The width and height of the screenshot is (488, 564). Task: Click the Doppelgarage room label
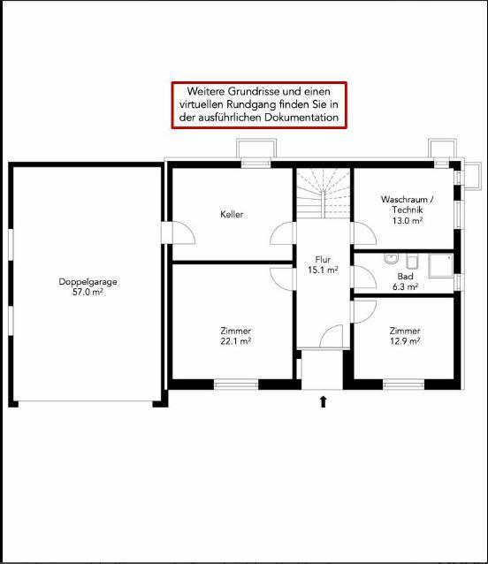click(88, 282)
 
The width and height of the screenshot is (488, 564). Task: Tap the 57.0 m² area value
click(88, 292)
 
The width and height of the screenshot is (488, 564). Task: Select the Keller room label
click(232, 215)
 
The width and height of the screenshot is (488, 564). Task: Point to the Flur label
click(323, 259)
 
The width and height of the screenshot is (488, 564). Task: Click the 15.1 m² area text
click(323, 270)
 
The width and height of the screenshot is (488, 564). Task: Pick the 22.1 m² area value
click(235, 341)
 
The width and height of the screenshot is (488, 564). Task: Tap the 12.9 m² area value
click(405, 341)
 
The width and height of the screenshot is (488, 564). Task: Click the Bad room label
click(405, 277)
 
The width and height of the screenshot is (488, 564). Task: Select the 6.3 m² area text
click(405, 286)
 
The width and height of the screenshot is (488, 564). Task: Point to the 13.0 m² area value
click(407, 220)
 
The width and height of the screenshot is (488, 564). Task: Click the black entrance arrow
click(323, 401)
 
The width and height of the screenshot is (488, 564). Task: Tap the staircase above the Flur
click(323, 193)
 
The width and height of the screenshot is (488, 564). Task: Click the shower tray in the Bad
click(440, 266)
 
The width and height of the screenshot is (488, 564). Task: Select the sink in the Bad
click(391, 259)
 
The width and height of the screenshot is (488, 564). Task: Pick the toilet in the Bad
click(412, 262)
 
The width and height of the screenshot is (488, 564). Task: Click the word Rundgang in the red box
click(248, 104)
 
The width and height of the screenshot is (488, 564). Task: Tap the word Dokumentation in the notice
click(301, 118)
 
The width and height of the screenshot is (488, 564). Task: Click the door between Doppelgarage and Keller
click(178, 232)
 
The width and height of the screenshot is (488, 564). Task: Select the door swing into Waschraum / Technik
click(363, 233)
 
